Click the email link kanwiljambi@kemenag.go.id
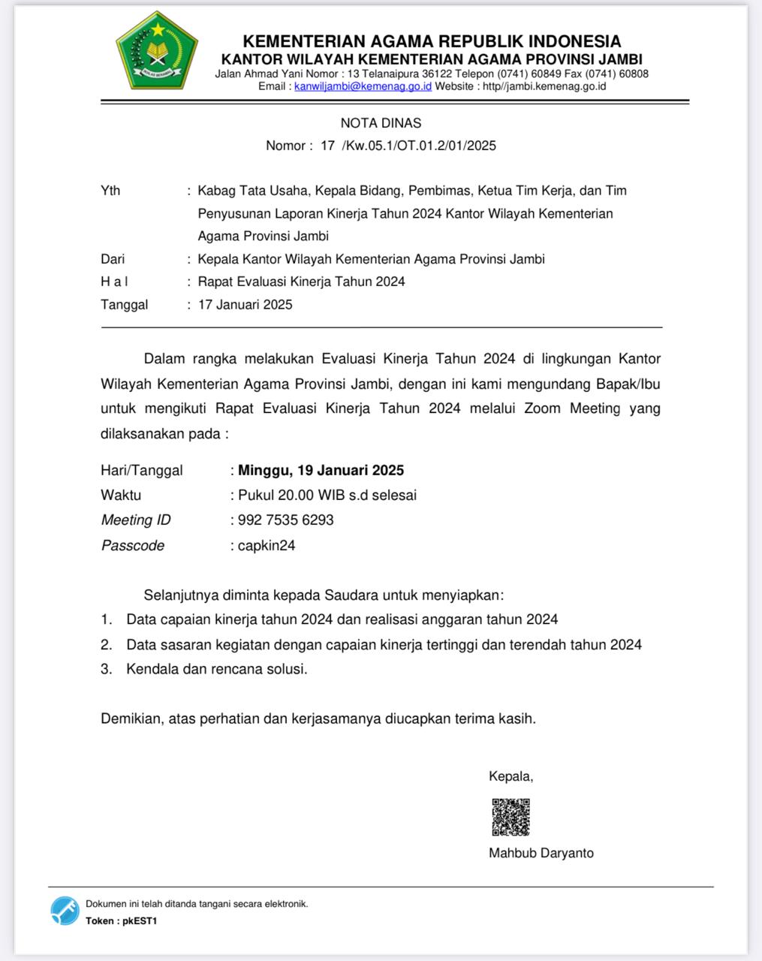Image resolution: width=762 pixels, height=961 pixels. pos(363,86)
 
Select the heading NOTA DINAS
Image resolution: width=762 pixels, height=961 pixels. pos(381,123)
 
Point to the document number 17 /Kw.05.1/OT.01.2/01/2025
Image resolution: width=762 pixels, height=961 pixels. pos(408,146)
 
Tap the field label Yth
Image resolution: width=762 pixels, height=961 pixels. pos(110,191)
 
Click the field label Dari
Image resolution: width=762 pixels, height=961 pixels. pos(113,259)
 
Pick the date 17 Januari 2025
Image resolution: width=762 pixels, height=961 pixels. pos(245,305)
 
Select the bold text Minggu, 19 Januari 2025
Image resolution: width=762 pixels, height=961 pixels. pos(321,471)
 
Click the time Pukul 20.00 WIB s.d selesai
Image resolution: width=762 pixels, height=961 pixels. pos(327,496)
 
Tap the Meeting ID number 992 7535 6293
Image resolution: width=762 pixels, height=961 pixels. pos(285,520)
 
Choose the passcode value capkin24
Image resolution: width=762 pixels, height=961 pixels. pos(267,546)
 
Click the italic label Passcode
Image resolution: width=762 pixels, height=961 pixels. pos(133,546)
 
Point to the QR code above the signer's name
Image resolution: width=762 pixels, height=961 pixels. pos(511,817)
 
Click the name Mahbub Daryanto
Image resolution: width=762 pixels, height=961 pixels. pos(541,853)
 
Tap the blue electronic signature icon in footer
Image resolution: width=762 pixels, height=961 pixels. pos(65,911)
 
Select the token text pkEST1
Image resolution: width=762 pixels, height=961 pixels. pos(140,921)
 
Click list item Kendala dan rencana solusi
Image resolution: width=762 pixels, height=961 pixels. pos(217,669)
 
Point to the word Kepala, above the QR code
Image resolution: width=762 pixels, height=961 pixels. pos(511,776)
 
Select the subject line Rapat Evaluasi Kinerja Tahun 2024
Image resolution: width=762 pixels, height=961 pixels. pos(301,282)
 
